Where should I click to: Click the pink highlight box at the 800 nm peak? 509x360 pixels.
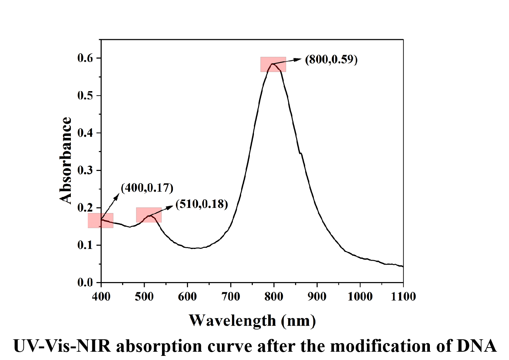tap(273, 64)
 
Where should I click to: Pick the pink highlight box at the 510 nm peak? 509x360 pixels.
tap(149, 215)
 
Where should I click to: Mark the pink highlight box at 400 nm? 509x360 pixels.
tap(101, 221)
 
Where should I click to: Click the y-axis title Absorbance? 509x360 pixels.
tap(66, 160)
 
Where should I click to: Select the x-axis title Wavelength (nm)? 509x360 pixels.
tap(252, 320)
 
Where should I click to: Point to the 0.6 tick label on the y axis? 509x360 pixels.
tap(85, 58)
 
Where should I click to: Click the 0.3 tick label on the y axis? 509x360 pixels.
tap(85, 170)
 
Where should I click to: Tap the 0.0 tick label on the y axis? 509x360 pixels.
tap(85, 282)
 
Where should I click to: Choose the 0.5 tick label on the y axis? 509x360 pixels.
tap(85, 95)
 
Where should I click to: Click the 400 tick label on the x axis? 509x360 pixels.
tap(101, 297)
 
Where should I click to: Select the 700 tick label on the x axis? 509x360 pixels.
tap(231, 297)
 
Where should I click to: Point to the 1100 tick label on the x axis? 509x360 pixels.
tap(403, 297)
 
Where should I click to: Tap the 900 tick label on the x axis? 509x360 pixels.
tap(317, 297)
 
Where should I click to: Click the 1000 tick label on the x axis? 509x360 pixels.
tap(360, 297)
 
